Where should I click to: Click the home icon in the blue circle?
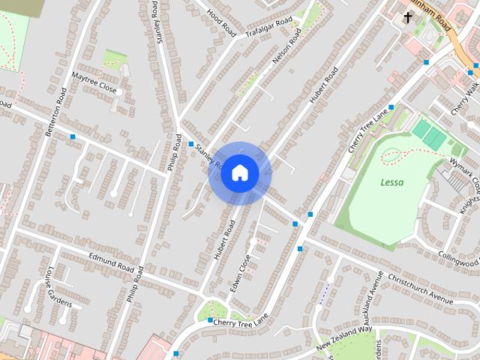tap(239, 173)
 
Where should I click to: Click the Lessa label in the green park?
tap(391, 182)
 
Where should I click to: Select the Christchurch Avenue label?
tap(420, 287)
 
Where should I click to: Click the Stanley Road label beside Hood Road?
tap(163, 22)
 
